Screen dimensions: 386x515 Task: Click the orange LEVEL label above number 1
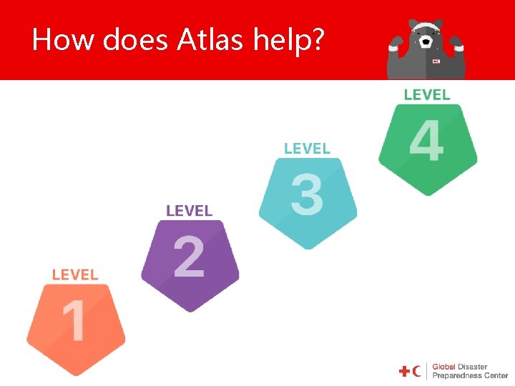(75, 274)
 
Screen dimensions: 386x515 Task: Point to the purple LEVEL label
(190, 211)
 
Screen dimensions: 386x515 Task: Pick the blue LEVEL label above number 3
(308, 149)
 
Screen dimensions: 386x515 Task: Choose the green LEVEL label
(427, 94)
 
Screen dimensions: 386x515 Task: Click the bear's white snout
(426, 41)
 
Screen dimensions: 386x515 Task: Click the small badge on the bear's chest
(436, 61)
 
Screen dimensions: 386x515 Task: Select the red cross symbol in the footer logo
(405, 371)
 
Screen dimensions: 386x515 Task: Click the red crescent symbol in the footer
(417, 371)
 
